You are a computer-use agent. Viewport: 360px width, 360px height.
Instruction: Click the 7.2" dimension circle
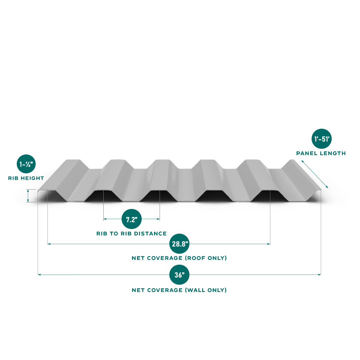132,219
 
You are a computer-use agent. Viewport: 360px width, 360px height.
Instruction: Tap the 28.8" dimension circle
179,244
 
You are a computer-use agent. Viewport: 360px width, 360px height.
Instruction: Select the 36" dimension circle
179,275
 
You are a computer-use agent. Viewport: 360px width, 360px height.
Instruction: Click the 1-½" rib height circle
26,164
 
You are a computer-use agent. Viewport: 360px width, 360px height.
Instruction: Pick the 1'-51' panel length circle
321,138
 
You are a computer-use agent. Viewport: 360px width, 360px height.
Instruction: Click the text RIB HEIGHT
26,178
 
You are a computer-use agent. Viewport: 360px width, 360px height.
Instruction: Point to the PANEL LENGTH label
321,153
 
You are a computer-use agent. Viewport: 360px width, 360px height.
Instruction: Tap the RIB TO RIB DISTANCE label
131,234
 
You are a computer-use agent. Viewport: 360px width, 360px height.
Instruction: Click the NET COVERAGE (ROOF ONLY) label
179,258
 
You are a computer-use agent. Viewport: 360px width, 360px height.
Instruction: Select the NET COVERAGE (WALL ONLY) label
179,290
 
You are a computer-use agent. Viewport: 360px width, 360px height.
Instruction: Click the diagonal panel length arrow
315,174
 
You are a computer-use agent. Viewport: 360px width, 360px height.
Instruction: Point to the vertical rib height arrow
28,196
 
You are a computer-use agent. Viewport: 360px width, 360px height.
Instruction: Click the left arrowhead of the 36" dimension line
39,275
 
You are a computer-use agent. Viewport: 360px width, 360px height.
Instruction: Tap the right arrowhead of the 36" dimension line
319,275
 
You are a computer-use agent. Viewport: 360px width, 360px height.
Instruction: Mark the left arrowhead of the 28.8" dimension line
49,244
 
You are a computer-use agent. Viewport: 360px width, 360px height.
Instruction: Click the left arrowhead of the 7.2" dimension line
105,219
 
